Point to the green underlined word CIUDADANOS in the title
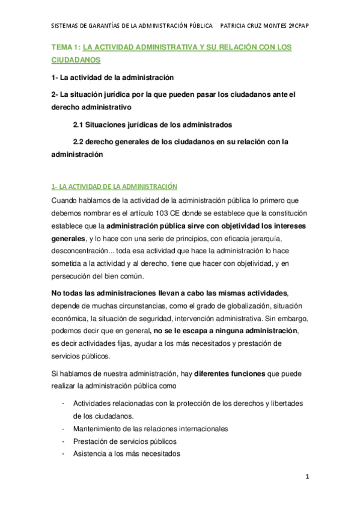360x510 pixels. click(76, 61)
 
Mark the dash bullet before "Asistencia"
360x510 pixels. click(64, 454)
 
